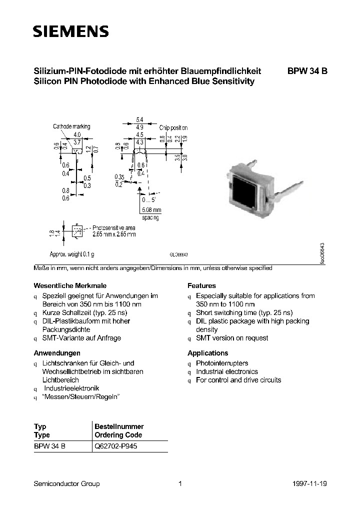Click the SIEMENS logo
coord(70,32)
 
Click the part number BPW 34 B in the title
coord(307,71)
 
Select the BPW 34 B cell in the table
coord(49,446)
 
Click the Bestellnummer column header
coord(119,426)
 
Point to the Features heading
coord(201,285)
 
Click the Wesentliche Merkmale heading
coord(61,285)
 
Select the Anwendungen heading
coord(56,353)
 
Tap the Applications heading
coord(207,353)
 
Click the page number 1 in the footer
coord(180,483)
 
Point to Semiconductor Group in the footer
coord(66,483)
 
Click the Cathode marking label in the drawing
coord(71,126)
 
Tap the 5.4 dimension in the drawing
coord(139,120)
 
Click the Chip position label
coord(173,128)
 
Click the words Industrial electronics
coord(227,371)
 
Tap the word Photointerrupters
coord(222,363)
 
